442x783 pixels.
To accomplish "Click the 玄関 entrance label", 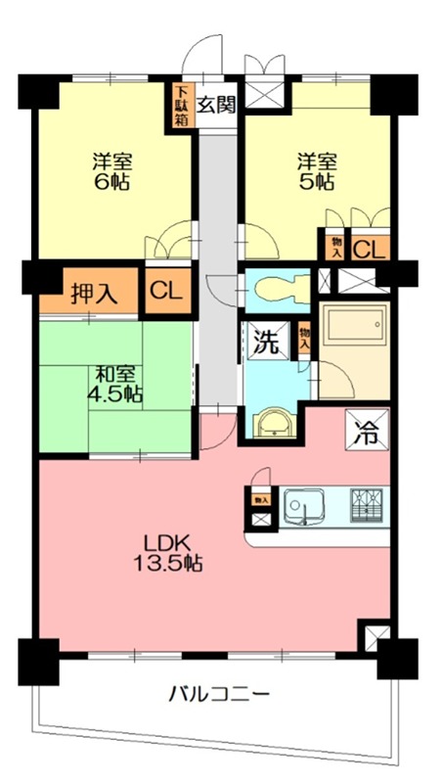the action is point(215,106).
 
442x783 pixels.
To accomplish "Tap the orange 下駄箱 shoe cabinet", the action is point(180,105).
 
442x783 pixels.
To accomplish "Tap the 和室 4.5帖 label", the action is point(114,384).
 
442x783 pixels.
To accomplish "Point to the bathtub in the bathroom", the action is point(354,327).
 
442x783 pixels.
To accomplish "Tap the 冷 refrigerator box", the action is point(367,430).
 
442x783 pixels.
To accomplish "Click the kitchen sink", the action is point(303,507).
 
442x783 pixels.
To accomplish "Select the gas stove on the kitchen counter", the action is point(366,505).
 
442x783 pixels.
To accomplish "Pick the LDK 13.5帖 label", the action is point(167,553).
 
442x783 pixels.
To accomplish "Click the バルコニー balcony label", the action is point(219,694).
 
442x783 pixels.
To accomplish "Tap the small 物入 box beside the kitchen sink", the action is point(261,499).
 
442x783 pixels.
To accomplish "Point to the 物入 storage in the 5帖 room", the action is point(335,248).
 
